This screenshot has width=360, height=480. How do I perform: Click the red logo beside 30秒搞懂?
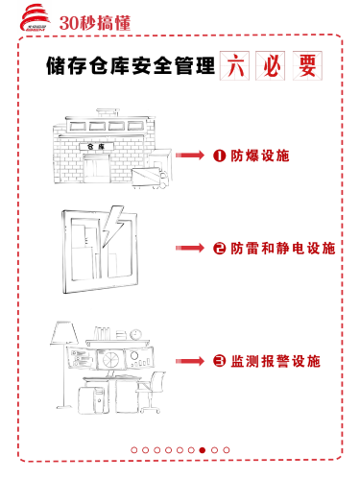[x=36, y=18]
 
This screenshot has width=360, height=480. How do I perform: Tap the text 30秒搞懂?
[x=95, y=23]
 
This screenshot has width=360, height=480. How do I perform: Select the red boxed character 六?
[x=234, y=65]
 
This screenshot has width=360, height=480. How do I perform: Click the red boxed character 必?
[x=271, y=65]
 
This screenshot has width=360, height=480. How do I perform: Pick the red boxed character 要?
[x=307, y=65]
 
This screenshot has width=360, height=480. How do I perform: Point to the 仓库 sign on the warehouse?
[x=96, y=147]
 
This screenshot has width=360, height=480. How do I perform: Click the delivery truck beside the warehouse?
[x=150, y=178]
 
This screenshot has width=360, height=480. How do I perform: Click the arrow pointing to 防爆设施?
[x=190, y=156]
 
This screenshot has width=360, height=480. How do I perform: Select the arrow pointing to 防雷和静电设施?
[x=190, y=248]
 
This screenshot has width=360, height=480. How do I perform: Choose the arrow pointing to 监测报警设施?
[x=190, y=361]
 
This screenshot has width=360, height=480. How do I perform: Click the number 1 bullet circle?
[x=220, y=156]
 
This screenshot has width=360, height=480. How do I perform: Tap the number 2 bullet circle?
[x=220, y=248]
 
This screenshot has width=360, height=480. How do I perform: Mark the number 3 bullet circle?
[x=220, y=361]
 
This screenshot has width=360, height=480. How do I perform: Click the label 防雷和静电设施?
[x=283, y=248]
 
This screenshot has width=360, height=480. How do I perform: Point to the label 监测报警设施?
[x=276, y=361]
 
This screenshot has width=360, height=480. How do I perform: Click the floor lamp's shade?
[x=64, y=333]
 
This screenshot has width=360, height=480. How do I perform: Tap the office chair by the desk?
[x=150, y=392]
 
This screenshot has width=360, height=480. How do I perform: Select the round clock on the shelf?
[x=135, y=334]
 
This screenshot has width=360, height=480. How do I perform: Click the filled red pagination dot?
[x=203, y=450]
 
